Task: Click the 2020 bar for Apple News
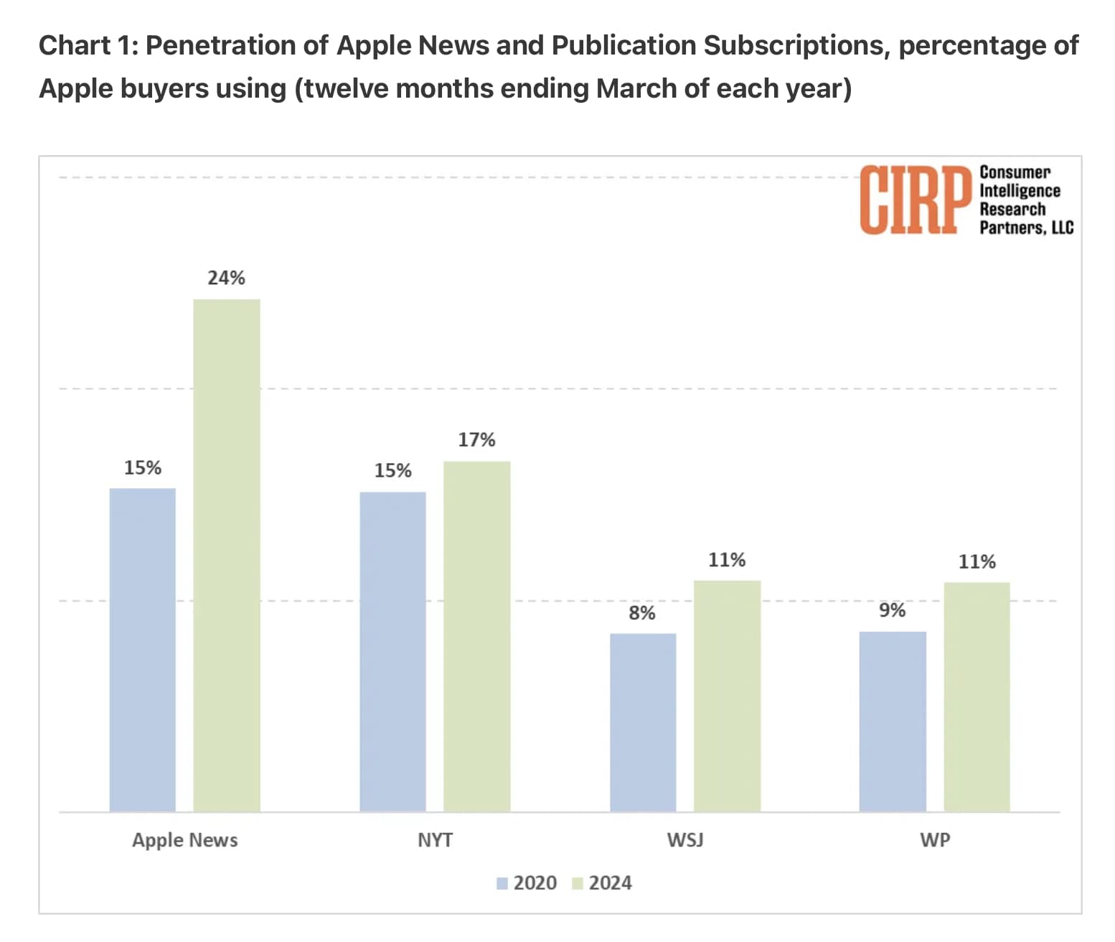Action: coord(142,650)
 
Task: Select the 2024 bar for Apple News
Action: coord(227,555)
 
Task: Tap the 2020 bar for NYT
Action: coord(392,651)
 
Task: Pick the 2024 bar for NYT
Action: coord(476,636)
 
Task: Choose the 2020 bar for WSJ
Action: coord(643,722)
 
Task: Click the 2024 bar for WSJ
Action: coord(727,696)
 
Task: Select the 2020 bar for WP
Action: coord(893,722)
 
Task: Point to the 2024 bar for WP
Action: coord(977,696)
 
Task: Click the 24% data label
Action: coord(227,278)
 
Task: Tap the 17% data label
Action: coord(476,439)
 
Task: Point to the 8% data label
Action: coord(642,613)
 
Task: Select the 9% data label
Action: coord(893,610)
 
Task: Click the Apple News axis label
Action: coord(184,840)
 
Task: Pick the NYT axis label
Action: coord(435,840)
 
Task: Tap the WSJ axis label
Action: coord(685,840)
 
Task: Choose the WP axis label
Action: coord(935,840)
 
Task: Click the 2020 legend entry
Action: coord(527,883)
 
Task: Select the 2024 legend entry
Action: coord(603,883)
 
